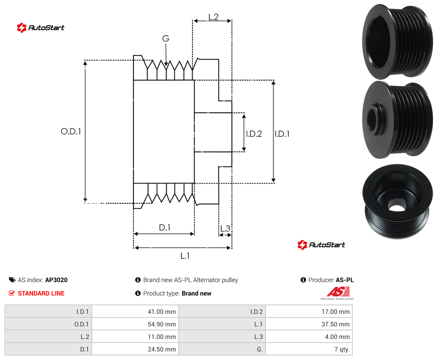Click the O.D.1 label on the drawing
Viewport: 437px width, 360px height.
pyautogui.click(x=71, y=131)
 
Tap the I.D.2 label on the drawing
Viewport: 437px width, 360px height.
pyautogui.click(x=254, y=134)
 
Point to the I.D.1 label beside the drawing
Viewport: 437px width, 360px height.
pyautogui.click(x=282, y=134)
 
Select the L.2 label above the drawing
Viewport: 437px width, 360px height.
pyautogui.click(x=213, y=17)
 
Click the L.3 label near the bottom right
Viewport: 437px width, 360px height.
pyautogui.click(x=225, y=229)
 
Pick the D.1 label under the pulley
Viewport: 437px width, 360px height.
pyautogui.click(x=164, y=227)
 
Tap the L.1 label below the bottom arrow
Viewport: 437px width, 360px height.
pyautogui.click(x=185, y=256)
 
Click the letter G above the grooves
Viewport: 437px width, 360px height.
pyautogui.click(x=166, y=39)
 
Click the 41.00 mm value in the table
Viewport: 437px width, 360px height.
pyautogui.click(x=162, y=312)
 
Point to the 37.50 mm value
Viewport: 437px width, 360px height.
pyautogui.click(x=335, y=324)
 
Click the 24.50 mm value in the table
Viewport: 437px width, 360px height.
pyautogui.click(x=162, y=349)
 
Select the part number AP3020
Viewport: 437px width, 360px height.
pyautogui.click(x=56, y=280)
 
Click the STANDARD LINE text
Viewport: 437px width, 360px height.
pyautogui.click(x=41, y=293)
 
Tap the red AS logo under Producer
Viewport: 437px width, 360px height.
pyautogui.click(x=338, y=292)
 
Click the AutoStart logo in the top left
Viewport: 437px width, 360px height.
pyautogui.click(x=41, y=28)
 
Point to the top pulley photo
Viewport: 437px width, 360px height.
pyautogui.click(x=398, y=41)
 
